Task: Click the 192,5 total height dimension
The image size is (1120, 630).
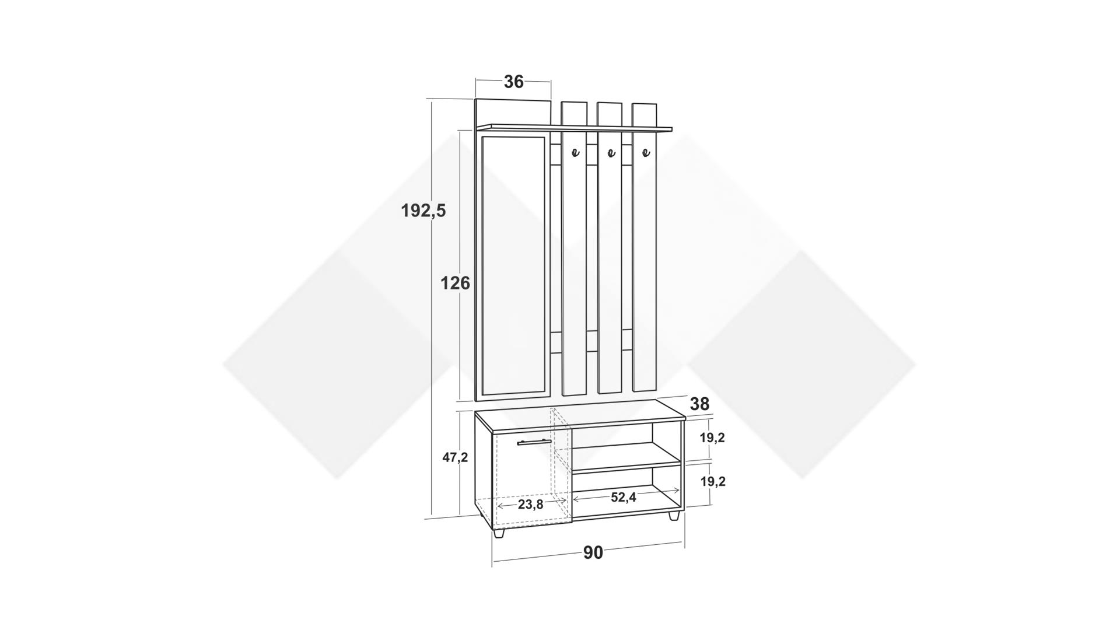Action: coord(423,211)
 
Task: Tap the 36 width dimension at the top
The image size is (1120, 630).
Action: coord(514,82)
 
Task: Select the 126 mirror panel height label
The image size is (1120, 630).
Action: coord(455,283)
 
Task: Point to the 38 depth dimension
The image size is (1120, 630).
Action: coord(699,404)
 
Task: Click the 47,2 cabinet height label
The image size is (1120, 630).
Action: coord(455,458)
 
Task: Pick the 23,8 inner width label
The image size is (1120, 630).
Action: coord(530,505)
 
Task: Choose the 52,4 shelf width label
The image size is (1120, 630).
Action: coord(624,498)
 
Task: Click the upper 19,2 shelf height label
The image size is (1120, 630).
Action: coord(712,438)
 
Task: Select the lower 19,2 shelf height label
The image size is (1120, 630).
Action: coord(712,482)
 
